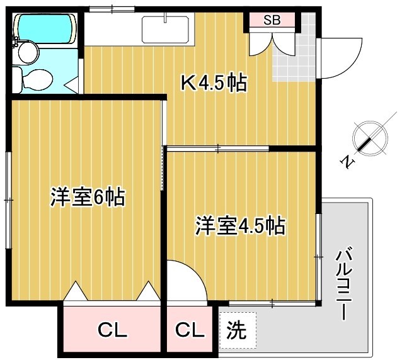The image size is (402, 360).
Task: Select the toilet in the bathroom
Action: [x=33, y=78]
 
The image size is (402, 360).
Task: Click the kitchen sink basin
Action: [x=165, y=29]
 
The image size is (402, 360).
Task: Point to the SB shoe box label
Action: [x=272, y=20]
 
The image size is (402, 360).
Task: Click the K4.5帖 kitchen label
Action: [x=214, y=83]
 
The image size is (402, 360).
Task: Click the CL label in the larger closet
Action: [x=113, y=329]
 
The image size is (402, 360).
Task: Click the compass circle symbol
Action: [x=369, y=139]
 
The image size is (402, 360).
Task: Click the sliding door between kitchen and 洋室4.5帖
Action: [x=217, y=149]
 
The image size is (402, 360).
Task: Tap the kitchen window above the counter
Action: [x=112, y=8]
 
